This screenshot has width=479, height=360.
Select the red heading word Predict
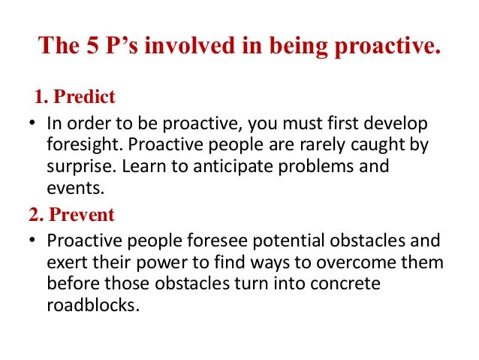[89, 97]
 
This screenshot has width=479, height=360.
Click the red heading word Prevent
[82, 215]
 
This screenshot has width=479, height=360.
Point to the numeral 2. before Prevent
[36, 215]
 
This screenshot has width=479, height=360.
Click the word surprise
[77, 165]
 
